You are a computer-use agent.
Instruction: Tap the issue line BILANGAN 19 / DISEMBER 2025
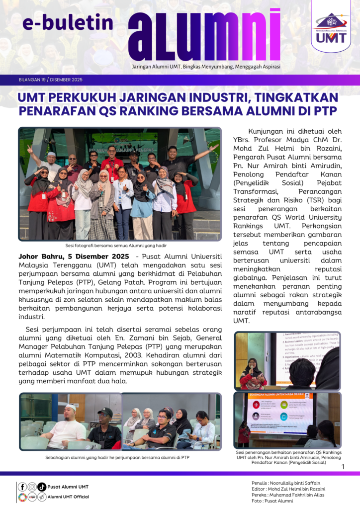pyautogui.click(x=50, y=80)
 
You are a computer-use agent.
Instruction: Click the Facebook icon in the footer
pyautogui.click(x=23, y=487)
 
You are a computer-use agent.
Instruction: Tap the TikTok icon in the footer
pyautogui.click(x=42, y=487)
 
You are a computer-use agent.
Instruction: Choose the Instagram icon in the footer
pyautogui.click(x=32, y=487)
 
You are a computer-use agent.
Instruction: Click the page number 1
pyautogui.click(x=343, y=466)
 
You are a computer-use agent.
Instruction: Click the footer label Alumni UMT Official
pyautogui.click(x=69, y=497)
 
